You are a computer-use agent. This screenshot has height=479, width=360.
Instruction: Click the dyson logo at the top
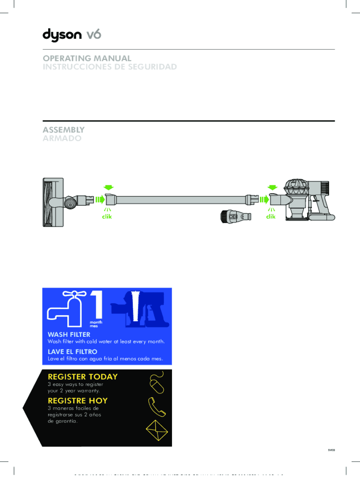tap(72, 35)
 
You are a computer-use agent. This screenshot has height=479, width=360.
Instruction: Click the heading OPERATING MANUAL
tap(87, 58)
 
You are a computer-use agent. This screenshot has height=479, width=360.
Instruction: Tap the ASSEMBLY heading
tap(64, 130)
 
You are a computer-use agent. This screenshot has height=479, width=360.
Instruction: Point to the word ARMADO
tap(62, 138)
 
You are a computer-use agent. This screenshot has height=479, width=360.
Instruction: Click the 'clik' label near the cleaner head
tap(107, 217)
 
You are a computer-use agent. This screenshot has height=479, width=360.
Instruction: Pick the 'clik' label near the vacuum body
tap(271, 217)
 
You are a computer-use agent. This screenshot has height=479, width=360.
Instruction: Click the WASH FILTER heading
tap(69, 334)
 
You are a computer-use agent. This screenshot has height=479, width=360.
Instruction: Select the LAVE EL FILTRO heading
tap(72, 351)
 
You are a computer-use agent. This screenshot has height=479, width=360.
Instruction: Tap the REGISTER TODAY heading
tap(83, 377)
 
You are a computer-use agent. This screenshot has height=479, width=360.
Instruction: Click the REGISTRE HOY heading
tap(78, 400)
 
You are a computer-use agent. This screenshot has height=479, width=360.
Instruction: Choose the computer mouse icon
tap(156, 383)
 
